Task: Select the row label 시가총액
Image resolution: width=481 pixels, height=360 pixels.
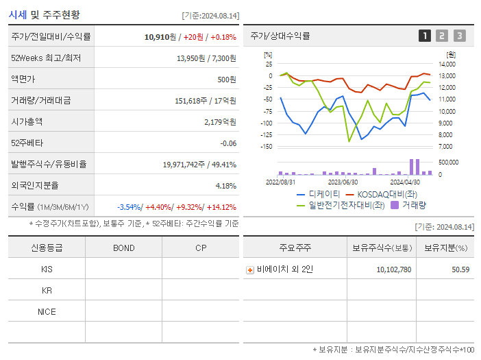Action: [27, 121]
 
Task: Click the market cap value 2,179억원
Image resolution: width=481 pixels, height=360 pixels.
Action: [220, 121]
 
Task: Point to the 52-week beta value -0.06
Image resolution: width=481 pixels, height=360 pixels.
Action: [227, 143]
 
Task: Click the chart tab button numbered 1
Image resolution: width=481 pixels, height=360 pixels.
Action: [425, 36]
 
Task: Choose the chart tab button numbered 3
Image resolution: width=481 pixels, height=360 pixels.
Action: [459, 36]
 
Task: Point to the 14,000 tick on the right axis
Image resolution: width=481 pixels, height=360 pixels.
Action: [446, 64]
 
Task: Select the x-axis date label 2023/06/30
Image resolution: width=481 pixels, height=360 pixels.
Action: [343, 182]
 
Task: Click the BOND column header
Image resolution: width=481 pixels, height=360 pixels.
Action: [123, 248]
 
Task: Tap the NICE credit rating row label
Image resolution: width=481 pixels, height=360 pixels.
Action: [47, 311]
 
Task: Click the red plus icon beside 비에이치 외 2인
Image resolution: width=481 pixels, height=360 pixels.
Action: [250, 269]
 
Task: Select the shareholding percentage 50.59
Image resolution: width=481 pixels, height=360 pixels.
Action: [460, 269]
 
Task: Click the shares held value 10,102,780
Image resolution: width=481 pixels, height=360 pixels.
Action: [393, 269]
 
